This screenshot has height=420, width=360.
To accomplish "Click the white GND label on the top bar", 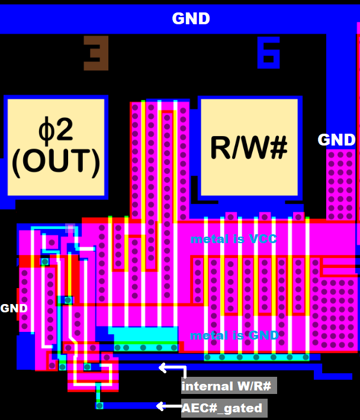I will [191, 19].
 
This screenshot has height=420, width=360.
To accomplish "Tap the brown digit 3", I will [96, 53].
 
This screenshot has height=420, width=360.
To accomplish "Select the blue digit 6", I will [268, 53].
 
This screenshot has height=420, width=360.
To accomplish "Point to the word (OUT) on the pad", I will [56, 161].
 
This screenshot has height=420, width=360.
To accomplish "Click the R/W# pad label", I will [249, 147].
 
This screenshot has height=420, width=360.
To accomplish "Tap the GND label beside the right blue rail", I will [336, 140].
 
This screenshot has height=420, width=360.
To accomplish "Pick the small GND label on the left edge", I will [14, 308].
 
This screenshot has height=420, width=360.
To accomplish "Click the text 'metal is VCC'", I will [233, 240].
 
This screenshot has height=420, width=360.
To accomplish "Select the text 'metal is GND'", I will [234, 335].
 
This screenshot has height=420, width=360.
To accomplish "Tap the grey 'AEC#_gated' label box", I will [223, 408].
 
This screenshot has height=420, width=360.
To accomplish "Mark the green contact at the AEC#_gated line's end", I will [99, 406].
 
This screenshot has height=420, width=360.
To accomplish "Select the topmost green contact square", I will [45, 261].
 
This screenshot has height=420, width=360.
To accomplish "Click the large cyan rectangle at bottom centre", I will [142, 335].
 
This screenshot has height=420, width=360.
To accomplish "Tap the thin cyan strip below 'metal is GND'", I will [256, 357].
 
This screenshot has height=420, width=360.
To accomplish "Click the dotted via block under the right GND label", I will [340, 183].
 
